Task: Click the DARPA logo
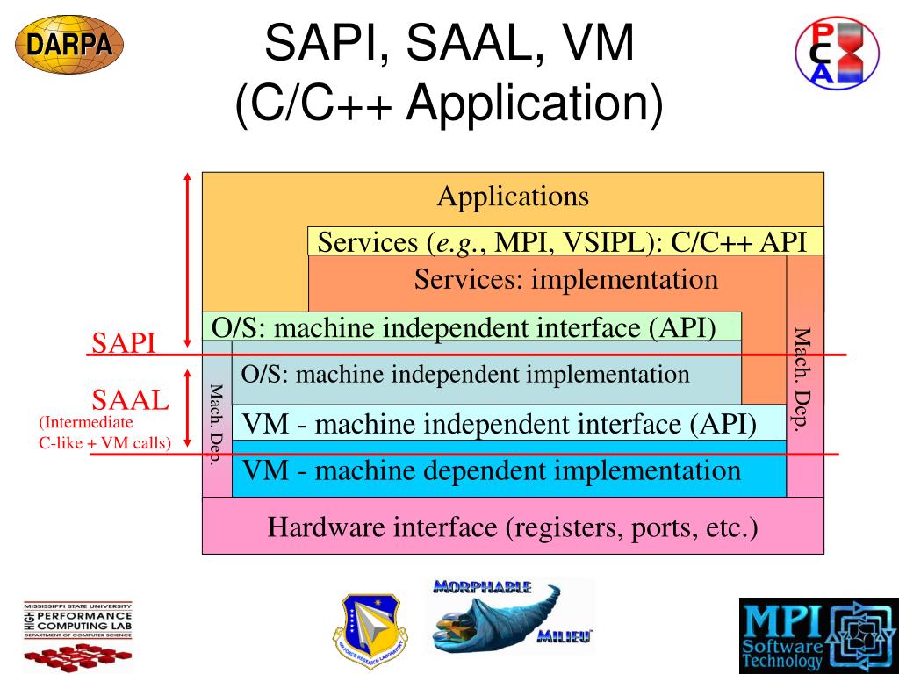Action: click(69, 44)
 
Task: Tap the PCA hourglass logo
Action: click(837, 52)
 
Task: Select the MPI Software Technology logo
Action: click(818, 635)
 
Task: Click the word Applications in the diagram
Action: click(513, 196)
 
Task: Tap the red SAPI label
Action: click(124, 343)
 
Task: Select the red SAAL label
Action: click(130, 401)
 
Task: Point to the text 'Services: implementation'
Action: click(565, 280)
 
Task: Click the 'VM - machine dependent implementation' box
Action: click(492, 471)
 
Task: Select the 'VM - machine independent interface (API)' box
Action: click(500, 424)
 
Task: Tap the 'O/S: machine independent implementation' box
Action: click(465, 375)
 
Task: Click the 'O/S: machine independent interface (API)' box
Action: click(464, 327)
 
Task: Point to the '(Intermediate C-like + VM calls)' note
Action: click(104, 433)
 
